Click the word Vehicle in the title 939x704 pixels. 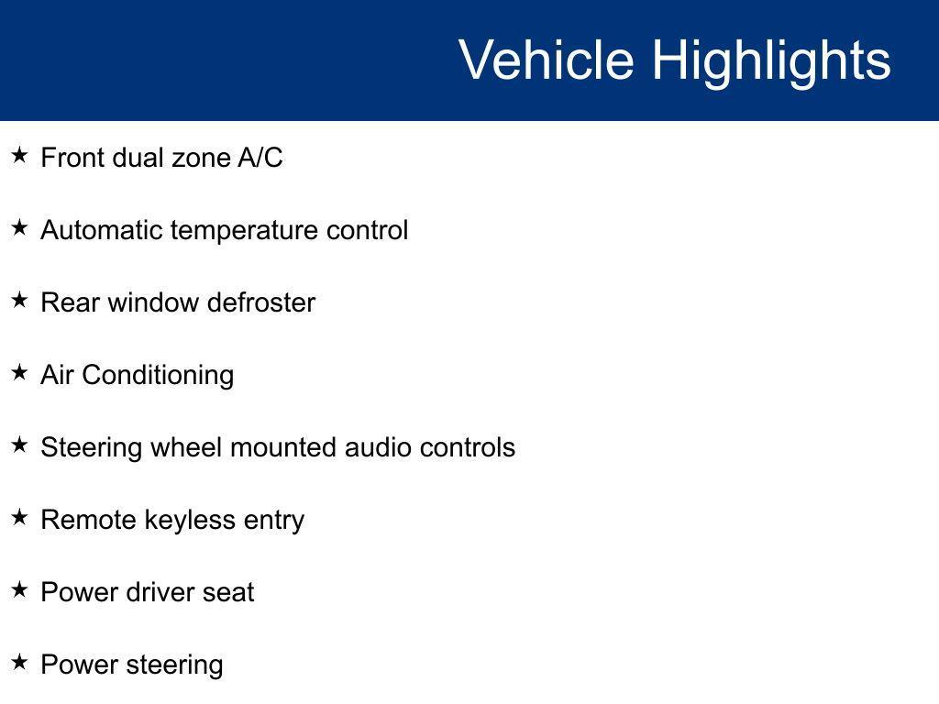click(x=547, y=60)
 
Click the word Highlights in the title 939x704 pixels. click(x=771, y=63)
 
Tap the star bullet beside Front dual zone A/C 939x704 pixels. click(x=20, y=156)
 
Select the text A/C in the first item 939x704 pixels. click(x=260, y=158)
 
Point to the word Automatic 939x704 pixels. click(x=102, y=230)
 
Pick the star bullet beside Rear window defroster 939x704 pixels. click(x=20, y=300)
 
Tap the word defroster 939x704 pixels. click(x=261, y=302)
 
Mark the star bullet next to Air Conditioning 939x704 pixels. click(x=20, y=372)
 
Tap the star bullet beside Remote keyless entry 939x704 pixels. click(x=20, y=517)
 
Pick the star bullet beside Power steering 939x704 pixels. click(x=20, y=662)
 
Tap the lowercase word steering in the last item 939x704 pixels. click(x=175, y=666)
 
